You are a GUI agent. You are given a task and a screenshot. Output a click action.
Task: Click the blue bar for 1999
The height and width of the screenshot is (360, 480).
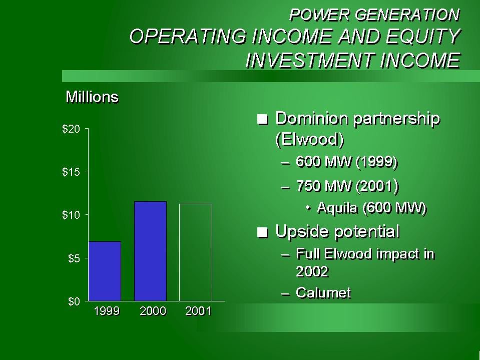(105, 271)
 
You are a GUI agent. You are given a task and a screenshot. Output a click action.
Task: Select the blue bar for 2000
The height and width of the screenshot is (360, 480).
(150, 251)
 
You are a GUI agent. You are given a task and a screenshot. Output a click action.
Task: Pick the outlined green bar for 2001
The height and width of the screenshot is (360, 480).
(196, 252)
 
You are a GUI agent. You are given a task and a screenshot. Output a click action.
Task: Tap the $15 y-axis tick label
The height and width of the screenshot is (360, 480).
(71, 172)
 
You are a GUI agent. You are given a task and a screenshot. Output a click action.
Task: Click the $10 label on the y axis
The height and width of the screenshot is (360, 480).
(71, 215)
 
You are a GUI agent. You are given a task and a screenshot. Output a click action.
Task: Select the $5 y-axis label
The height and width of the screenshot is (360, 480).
(74, 258)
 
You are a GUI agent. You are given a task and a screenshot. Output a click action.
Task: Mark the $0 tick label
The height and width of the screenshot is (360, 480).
(74, 301)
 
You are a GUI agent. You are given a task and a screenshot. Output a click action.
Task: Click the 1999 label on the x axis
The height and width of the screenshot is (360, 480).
(107, 311)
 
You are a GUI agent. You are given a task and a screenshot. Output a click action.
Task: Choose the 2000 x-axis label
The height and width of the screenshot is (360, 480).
(153, 311)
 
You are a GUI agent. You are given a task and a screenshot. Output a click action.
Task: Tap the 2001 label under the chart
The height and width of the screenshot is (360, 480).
(198, 311)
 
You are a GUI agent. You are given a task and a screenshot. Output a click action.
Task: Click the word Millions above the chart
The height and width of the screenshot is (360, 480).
(92, 97)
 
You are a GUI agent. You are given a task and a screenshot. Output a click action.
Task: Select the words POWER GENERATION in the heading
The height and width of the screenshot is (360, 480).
(374, 15)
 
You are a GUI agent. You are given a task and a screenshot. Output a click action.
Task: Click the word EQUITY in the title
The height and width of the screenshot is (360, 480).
(423, 36)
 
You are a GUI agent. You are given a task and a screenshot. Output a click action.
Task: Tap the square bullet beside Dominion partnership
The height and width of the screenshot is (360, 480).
(263, 119)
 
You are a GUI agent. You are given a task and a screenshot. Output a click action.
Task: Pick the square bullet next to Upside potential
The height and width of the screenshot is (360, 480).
(263, 232)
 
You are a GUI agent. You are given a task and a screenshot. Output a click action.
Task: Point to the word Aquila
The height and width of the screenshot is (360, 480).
(337, 208)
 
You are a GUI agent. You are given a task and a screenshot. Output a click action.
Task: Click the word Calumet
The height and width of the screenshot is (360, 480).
(323, 292)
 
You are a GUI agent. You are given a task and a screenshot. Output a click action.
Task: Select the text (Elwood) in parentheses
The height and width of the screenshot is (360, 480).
(309, 140)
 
